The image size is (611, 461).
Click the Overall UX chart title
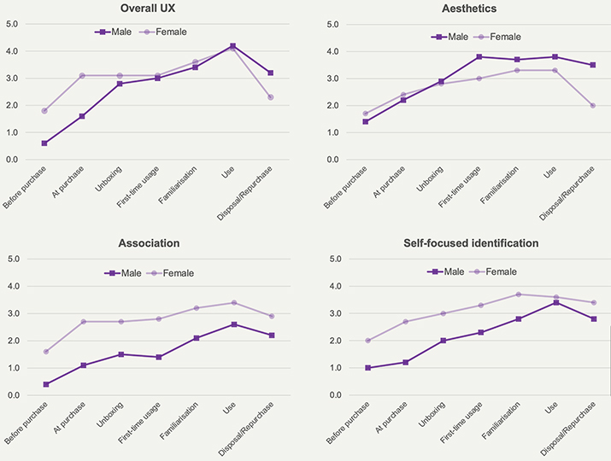click(x=148, y=9)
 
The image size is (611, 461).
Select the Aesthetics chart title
click(x=469, y=9)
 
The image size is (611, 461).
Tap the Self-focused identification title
click(x=471, y=243)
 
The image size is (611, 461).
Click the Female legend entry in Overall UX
click(x=163, y=32)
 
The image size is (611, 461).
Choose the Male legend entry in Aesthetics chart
click(x=449, y=37)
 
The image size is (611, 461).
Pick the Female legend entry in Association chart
click(x=170, y=273)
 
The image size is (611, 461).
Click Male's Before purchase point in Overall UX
click(x=44, y=143)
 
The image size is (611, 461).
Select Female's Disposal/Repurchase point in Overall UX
click(x=270, y=97)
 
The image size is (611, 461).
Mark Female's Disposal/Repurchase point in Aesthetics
click(x=593, y=106)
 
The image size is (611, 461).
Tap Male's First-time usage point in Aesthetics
click(x=479, y=57)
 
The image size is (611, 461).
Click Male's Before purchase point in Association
click(x=46, y=384)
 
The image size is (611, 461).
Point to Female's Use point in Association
click(x=234, y=302)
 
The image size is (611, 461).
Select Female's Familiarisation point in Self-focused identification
click(x=518, y=295)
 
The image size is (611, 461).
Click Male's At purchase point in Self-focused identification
click(x=405, y=363)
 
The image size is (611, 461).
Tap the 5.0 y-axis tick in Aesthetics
click(x=332, y=25)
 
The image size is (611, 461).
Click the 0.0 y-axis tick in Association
click(x=14, y=395)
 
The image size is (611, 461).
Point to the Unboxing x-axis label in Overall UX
click(x=109, y=179)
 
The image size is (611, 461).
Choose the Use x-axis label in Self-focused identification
click(x=551, y=407)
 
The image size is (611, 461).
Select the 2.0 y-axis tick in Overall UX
click(x=12, y=106)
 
